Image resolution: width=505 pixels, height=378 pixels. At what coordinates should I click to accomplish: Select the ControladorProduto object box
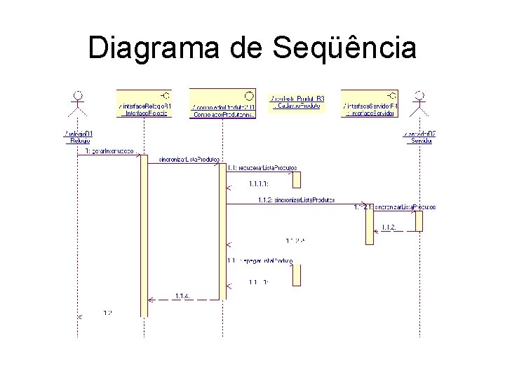[x=223, y=104]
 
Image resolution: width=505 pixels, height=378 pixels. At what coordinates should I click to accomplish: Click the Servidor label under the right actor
[x=420, y=136]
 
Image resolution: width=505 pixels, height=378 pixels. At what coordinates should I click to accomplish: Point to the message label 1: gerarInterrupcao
[x=109, y=151]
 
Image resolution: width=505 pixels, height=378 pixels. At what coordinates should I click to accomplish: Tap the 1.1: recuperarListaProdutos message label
[x=262, y=167]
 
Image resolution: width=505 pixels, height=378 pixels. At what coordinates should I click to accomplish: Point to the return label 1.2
[x=108, y=312]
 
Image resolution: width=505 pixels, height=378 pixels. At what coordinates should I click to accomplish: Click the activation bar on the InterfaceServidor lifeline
[x=370, y=224]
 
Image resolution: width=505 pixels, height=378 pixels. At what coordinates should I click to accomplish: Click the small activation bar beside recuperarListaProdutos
[x=297, y=179]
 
